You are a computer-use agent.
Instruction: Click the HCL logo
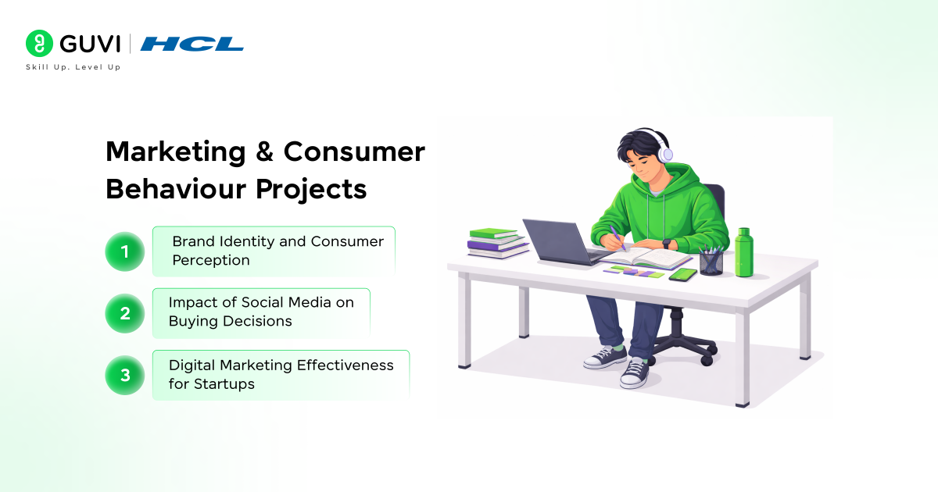coord(192,44)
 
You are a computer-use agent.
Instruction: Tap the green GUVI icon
coord(38,43)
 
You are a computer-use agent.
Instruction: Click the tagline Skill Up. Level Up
coord(73,68)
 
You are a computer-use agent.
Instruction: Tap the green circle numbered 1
coord(125,251)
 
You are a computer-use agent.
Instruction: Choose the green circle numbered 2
coord(125,313)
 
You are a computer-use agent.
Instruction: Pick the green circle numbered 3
coord(125,375)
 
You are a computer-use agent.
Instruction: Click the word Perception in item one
coord(211,260)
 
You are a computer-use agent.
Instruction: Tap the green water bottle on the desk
coord(743,253)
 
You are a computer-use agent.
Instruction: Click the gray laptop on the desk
coord(557,242)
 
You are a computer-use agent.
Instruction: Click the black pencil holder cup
coord(711,262)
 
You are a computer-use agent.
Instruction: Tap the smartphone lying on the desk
coord(682,274)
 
